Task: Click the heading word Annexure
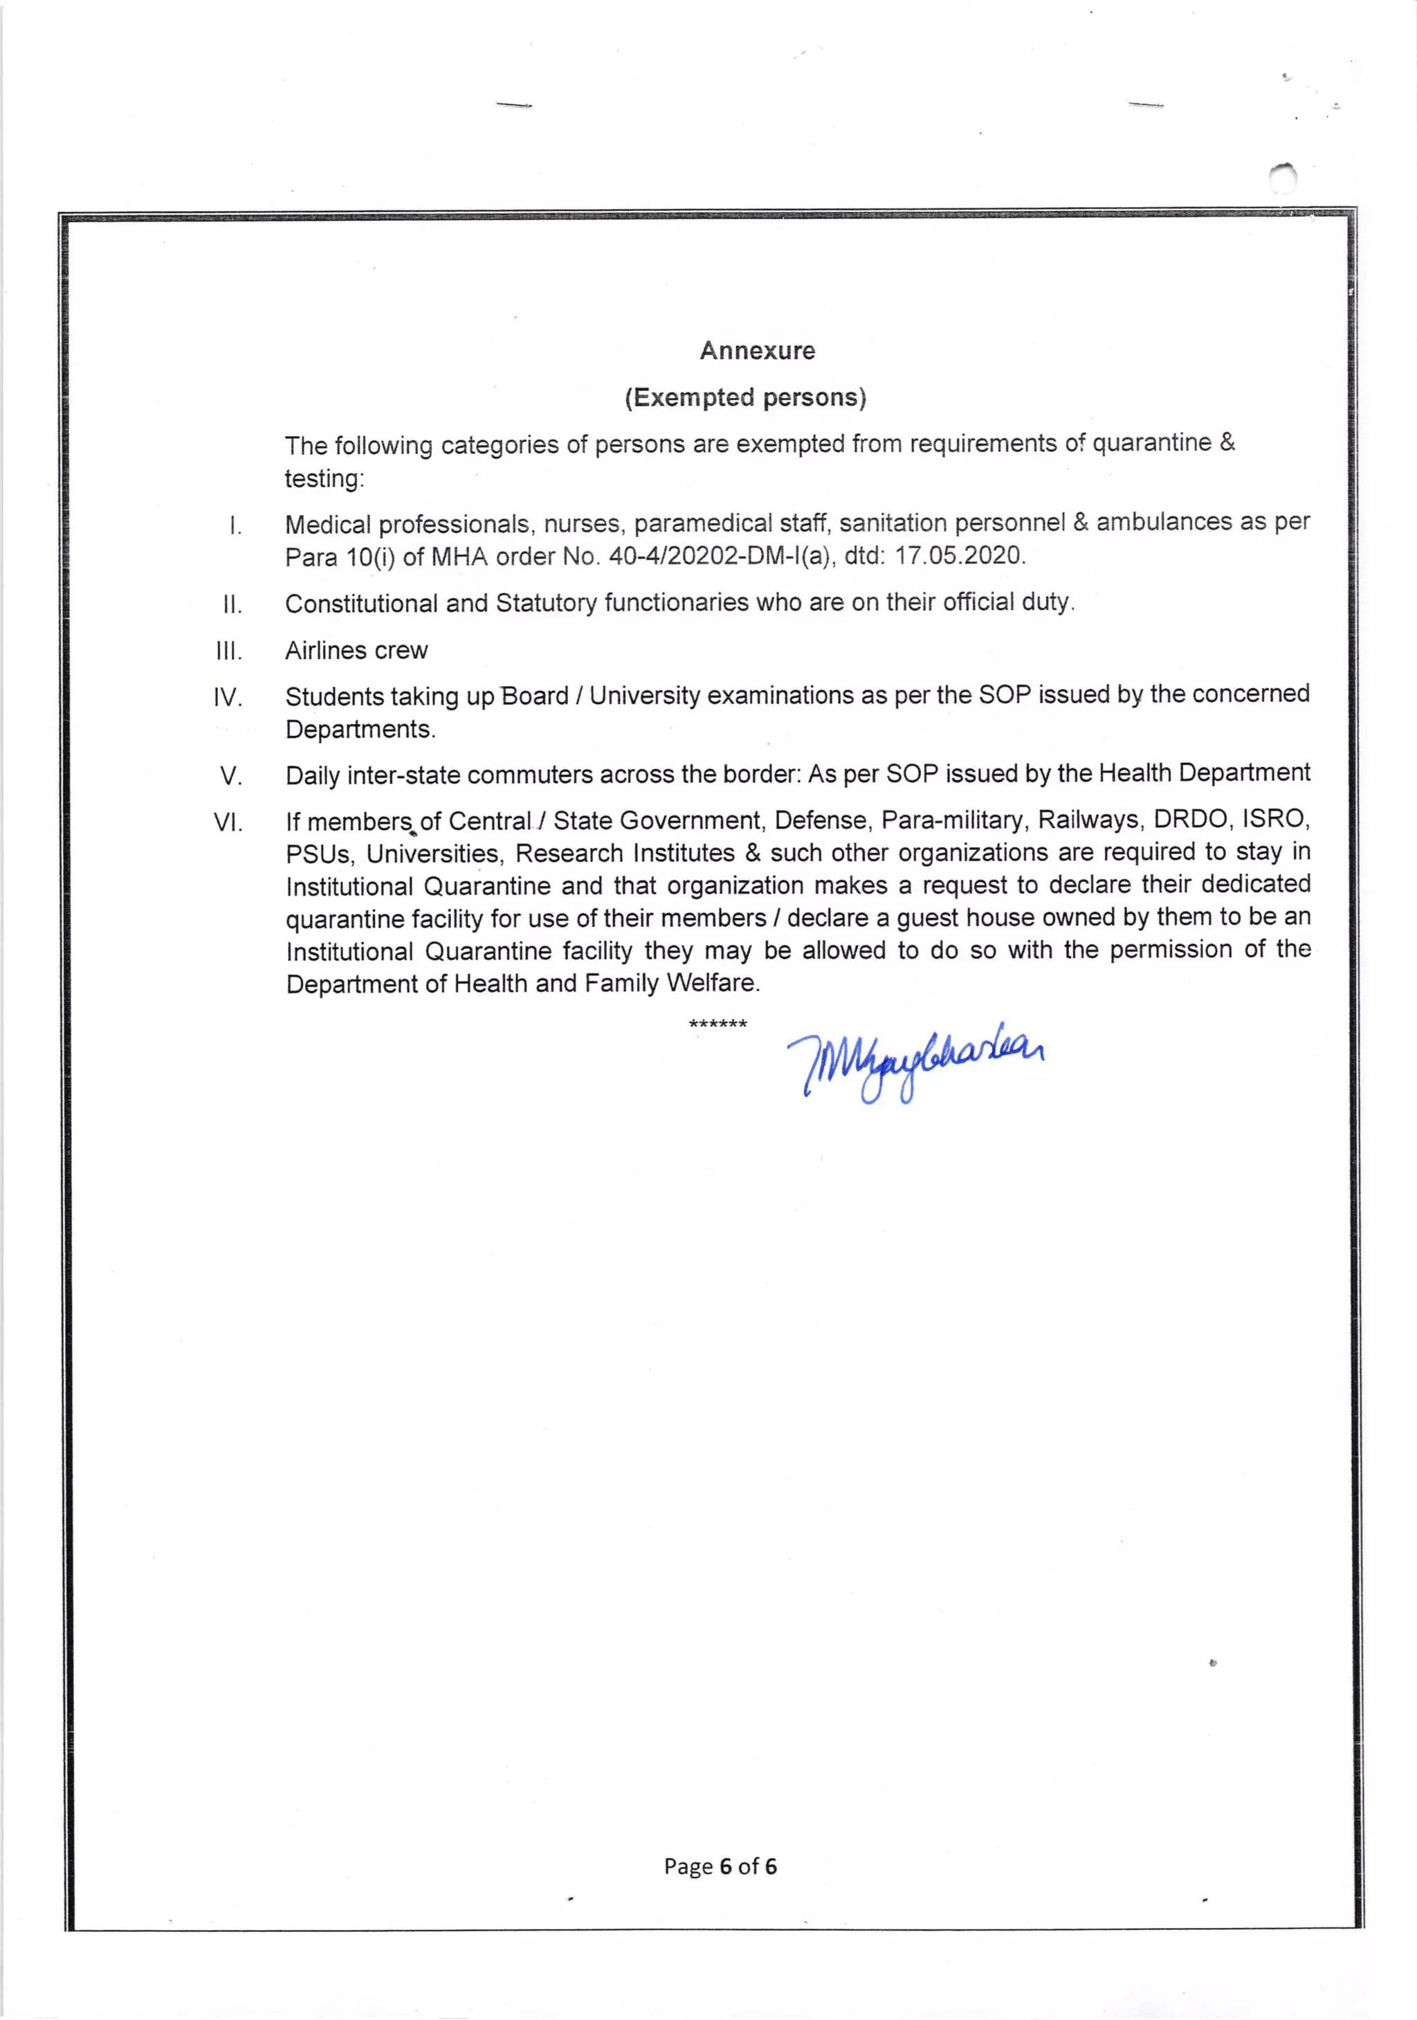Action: tap(758, 350)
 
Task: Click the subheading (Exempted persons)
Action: tap(745, 397)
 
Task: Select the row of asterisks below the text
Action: tap(717, 1024)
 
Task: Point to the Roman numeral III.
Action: tap(229, 651)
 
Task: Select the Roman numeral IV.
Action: tap(228, 698)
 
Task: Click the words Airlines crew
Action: tap(356, 650)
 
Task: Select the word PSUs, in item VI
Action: tap(320, 854)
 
